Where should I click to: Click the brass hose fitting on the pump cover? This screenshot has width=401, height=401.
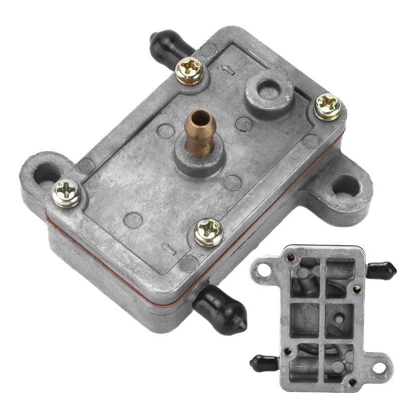point(201,132)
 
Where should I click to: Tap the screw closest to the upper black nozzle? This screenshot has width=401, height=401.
point(189,71)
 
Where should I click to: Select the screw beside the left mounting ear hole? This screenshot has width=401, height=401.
point(67,193)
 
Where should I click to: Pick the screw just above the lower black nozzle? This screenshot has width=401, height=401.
point(209,233)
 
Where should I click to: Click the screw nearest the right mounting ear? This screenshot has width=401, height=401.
point(328,106)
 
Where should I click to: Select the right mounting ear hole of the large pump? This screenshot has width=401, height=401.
point(346,185)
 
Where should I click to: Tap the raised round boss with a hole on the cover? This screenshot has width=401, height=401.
point(270,90)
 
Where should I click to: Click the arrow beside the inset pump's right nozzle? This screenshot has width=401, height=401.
point(345,271)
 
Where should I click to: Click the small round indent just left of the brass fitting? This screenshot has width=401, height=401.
point(165,131)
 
